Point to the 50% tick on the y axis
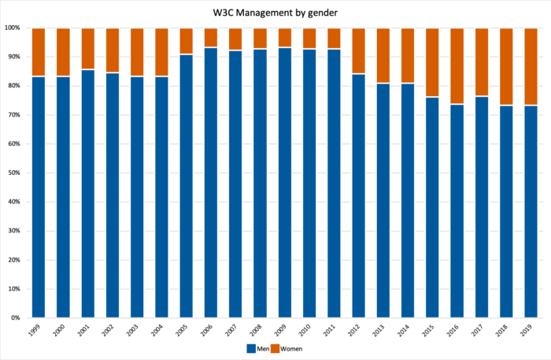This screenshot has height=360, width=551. [x=13, y=173]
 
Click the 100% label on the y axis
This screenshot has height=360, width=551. [x=12, y=28]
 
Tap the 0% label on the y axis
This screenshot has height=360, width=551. [x=15, y=317]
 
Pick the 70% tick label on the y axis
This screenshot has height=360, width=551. [x=13, y=115]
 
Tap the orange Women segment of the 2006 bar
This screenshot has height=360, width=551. [x=210, y=38]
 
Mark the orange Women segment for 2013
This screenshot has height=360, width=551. [x=383, y=55]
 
